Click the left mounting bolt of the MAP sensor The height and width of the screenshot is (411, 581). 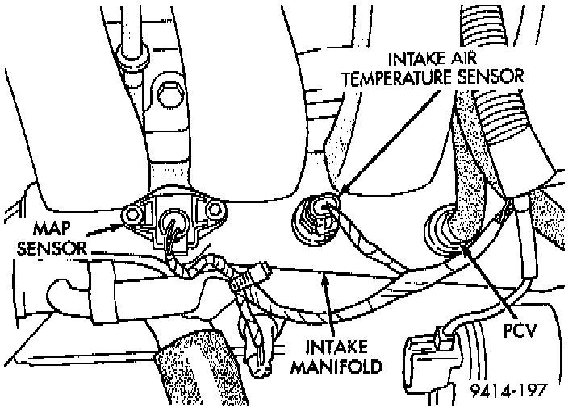click(x=131, y=214)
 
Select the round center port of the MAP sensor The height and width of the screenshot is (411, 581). click(x=173, y=220)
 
